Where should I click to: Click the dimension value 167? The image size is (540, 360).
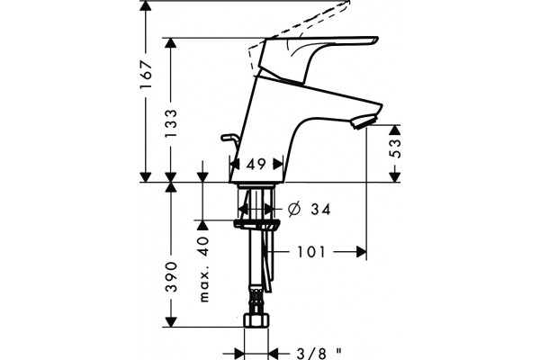pyautogui.click(x=146, y=75)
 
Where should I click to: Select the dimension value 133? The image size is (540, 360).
pyautogui.click(x=171, y=123)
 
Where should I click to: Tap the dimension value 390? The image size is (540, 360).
pyautogui.click(x=171, y=276)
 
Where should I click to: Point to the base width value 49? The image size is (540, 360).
pyautogui.click(x=256, y=165)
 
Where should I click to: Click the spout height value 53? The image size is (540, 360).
pyautogui.click(x=395, y=148)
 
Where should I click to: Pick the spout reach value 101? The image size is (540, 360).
pyautogui.click(x=311, y=252)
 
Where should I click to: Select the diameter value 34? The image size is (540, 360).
pyautogui.click(x=321, y=209)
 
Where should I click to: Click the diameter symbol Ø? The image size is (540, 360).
pyautogui.click(x=294, y=209)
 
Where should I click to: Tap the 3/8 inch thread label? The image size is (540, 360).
pyautogui.click(x=319, y=353)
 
